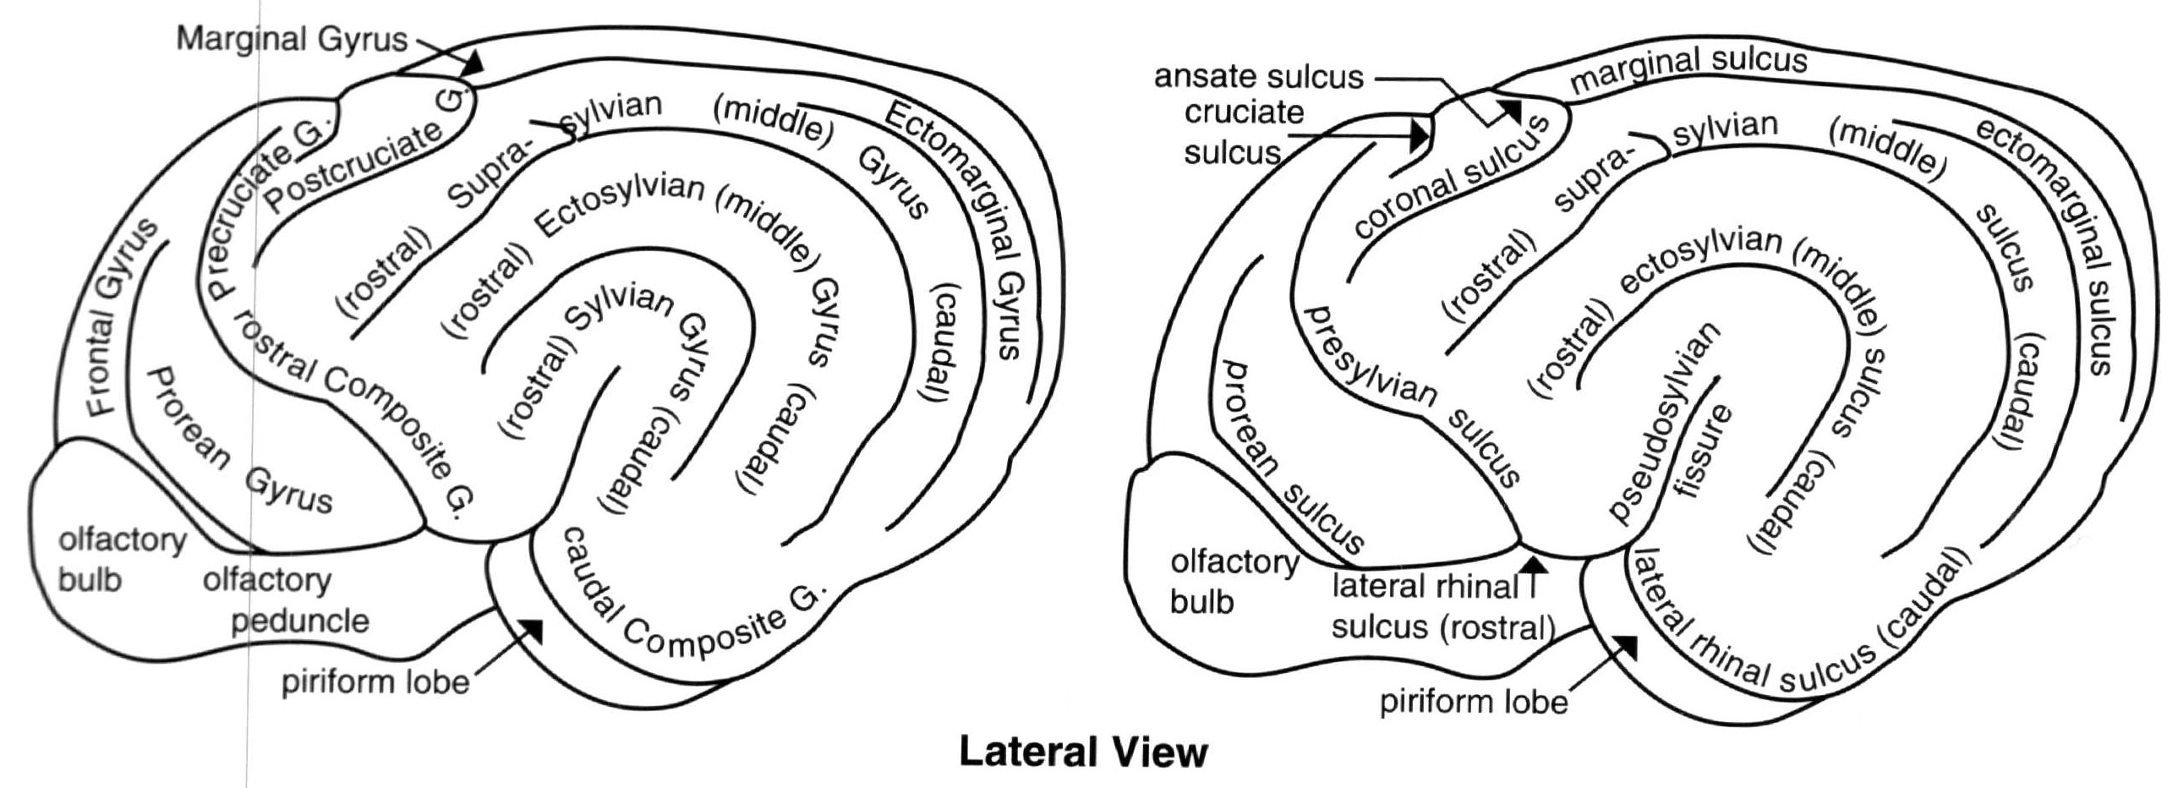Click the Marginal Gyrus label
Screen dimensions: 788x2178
(292, 40)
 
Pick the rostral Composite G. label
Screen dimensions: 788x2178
(355, 423)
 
